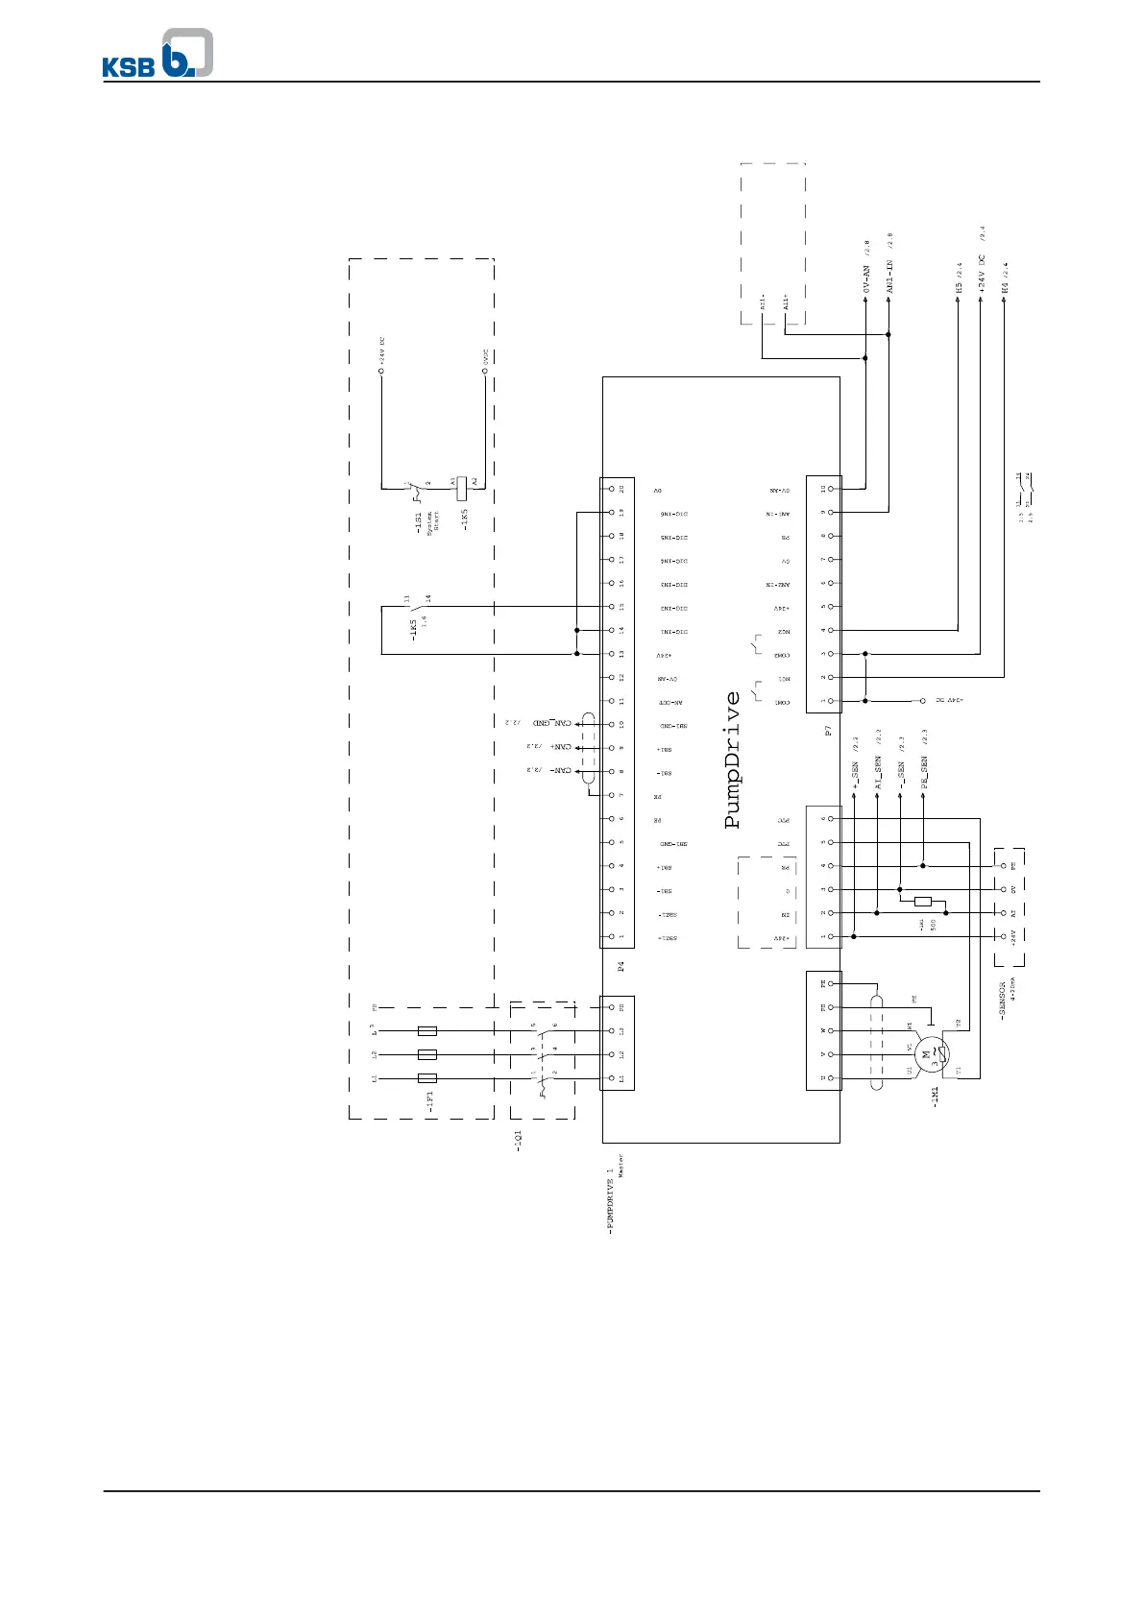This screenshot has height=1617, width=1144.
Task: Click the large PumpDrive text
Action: tap(733, 760)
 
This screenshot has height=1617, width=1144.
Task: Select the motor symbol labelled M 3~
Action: tap(929, 1054)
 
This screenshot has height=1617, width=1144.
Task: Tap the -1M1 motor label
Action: tap(935, 1095)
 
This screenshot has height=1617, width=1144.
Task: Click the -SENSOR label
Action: tap(1003, 1001)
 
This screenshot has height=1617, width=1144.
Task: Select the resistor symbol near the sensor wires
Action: tap(923, 901)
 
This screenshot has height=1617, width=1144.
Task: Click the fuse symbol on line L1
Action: tap(428, 1078)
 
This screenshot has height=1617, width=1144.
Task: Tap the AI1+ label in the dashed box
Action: tap(785, 303)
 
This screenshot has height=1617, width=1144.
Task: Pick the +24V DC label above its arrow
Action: tap(981, 272)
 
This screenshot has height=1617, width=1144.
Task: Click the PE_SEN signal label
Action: tap(923, 773)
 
